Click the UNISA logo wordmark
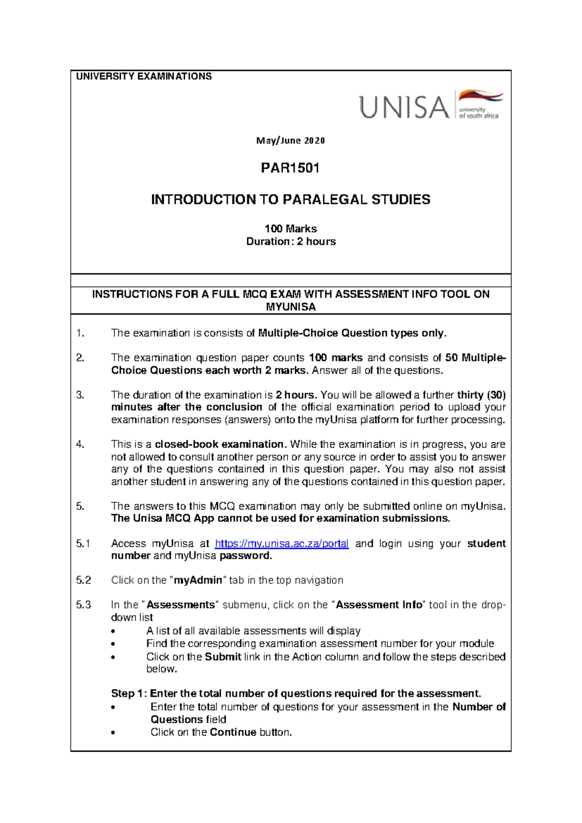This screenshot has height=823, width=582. [404, 107]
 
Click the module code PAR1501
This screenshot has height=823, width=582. [290, 168]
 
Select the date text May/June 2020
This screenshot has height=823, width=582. [290, 141]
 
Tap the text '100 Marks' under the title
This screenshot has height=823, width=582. [291, 229]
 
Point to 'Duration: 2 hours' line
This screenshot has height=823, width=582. [291, 241]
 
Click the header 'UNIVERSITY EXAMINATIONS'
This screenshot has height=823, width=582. [144, 76]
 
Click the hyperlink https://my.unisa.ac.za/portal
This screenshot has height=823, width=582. [281, 543]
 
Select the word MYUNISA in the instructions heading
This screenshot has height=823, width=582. [291, 307]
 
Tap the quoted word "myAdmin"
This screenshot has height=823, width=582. [198, 580]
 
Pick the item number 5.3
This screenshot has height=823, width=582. [83, 605]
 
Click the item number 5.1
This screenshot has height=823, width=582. [83, 543]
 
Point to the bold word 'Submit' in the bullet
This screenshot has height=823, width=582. [223, 657]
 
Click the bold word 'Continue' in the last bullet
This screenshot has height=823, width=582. [233, 732]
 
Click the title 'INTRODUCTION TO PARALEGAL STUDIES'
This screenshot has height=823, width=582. [291, 199]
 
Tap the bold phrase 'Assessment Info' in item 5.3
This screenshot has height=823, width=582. [379, 605]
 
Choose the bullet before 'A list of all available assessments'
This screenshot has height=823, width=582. [113, 631]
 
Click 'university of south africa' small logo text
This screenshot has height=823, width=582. [478, 113]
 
